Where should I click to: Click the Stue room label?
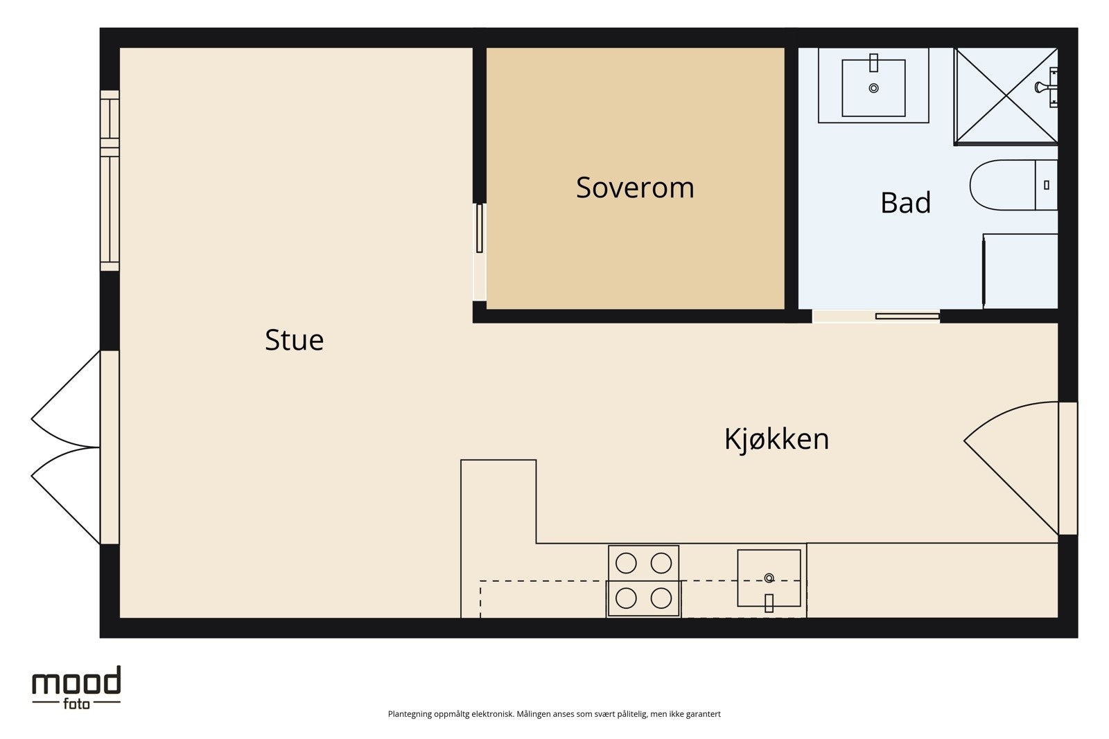[294, 340]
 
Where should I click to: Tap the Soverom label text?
[635, 188]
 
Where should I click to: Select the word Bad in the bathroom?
[905, 202]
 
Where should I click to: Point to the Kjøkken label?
[776, 438]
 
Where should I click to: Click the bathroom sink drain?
[874, 88]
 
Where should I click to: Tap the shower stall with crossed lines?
[1006, 96]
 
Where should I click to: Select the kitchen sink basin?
[769, 578]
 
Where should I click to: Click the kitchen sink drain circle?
[769, 578]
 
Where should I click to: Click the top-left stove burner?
[626, 563]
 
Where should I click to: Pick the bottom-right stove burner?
[661, 598]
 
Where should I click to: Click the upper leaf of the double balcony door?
[66, 399]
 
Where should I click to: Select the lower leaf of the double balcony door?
[66, 496]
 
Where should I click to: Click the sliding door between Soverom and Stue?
[479, 228]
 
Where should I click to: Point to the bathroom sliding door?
[907, 316]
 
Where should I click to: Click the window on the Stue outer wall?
[110, 180]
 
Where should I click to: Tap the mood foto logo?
[76, 688]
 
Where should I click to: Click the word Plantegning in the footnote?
[410, 714]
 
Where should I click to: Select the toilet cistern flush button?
[1046, 185]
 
